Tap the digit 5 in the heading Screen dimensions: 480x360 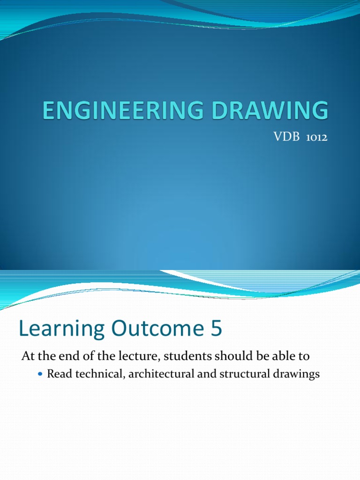[215, 329]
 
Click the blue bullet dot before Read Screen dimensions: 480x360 [39, 375]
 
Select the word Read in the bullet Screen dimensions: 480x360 [57, 375]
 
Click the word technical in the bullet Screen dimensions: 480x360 [92, 375]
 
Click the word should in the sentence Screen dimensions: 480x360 [227, 356]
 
